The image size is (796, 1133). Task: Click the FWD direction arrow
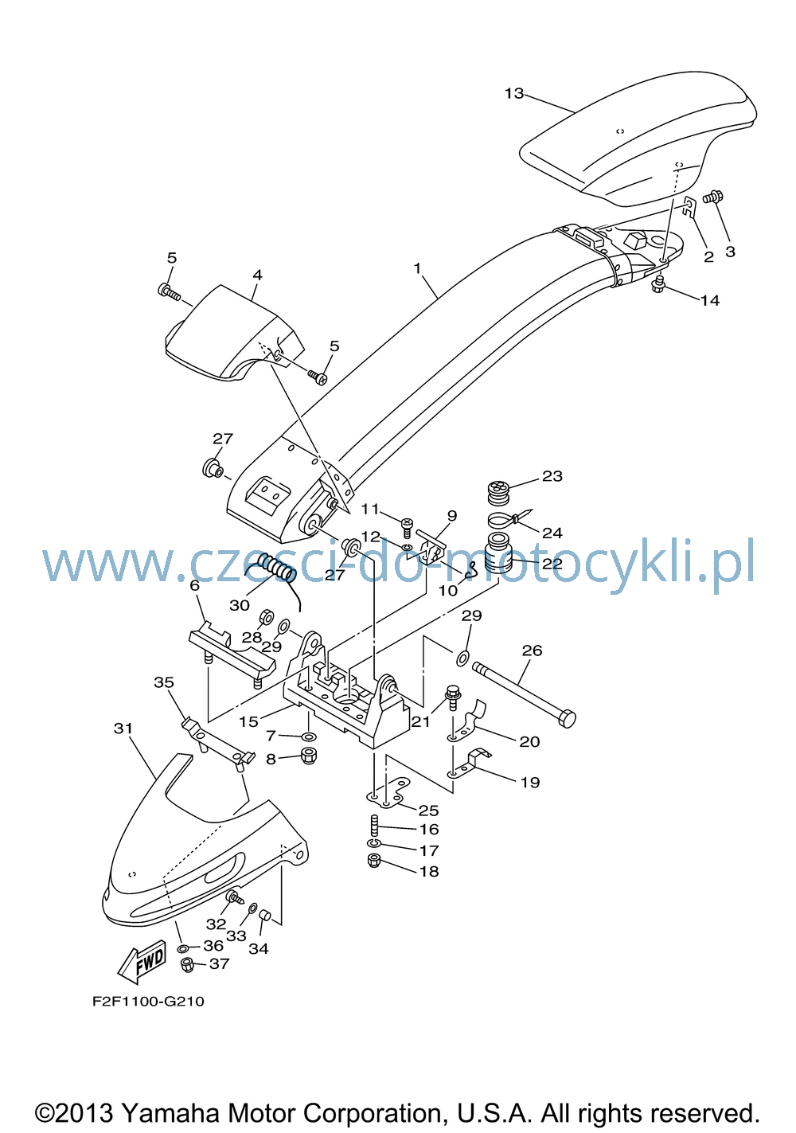142,961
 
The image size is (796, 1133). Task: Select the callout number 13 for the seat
513,94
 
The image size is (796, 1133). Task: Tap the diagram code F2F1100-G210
148,1002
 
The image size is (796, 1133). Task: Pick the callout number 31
123,729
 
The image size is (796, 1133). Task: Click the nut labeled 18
374,861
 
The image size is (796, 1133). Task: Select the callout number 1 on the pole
417,268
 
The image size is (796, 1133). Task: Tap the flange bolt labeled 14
658,286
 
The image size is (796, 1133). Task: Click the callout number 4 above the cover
257,275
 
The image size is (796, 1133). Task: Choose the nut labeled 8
309,756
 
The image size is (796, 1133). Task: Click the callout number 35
164,682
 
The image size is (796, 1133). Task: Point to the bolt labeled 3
713,197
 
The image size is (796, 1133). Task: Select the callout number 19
530,783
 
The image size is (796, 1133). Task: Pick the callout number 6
195,586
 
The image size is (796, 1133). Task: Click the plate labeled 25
388,794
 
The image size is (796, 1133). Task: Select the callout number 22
552,564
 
